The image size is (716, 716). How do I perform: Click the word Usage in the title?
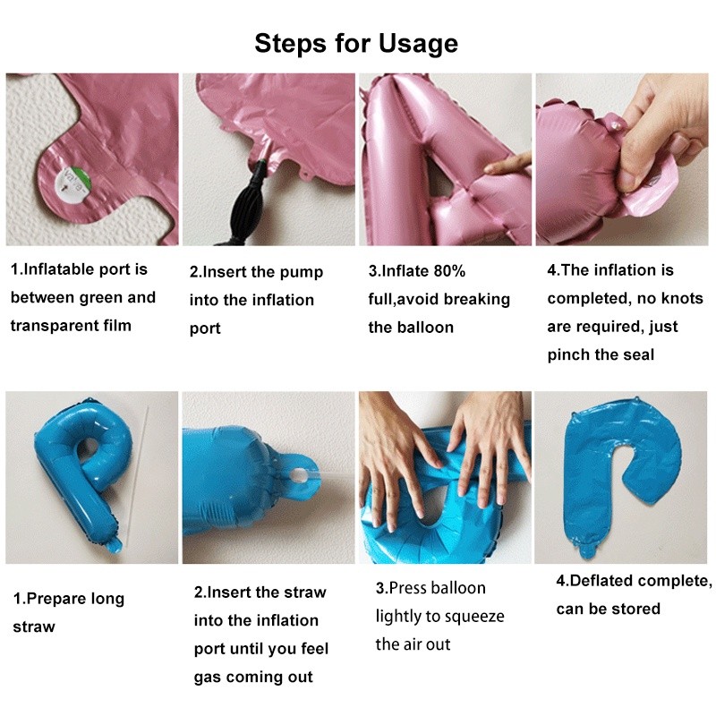pyautogui.click(x=418, y=44)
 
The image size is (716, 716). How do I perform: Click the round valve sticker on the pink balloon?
pyautogui.click(x=73, y=184)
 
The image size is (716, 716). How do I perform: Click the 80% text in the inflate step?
pyautogui.click(x=449, y=271)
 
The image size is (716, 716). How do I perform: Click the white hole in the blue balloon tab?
pyautogui.click(x=298, y=476)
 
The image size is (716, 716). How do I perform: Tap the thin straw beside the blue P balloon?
pyautogui.click(x=139, y=475)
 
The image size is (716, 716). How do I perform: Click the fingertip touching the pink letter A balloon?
pyautogui.click(x=490, y=168)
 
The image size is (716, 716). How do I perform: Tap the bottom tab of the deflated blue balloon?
pyautogui.click(x=590, y=550)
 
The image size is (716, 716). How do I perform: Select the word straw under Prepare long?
pyautogui.click(x=34, y=627)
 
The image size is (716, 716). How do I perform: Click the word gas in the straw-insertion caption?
pyautogui.click(x=208, y=678)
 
